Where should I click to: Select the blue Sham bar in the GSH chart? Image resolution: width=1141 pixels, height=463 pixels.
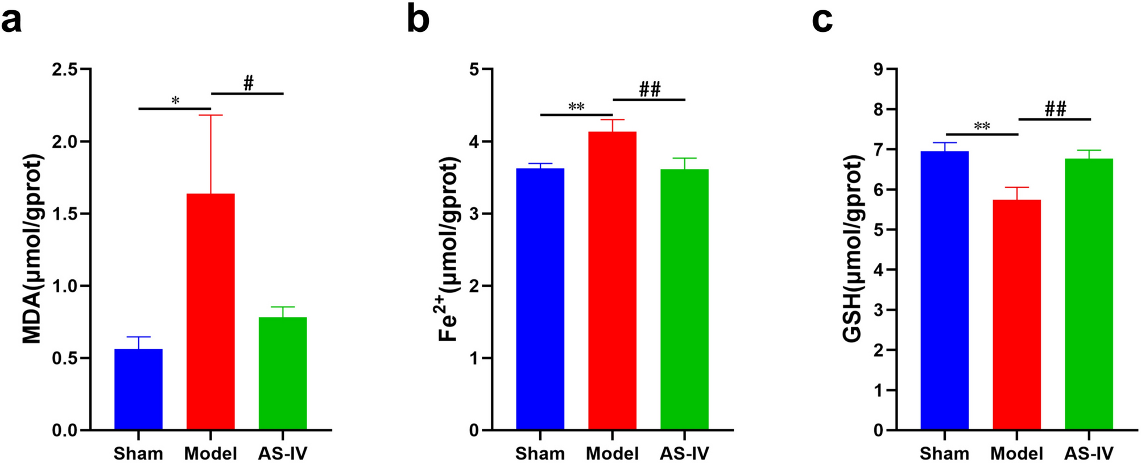(x=944, y=290)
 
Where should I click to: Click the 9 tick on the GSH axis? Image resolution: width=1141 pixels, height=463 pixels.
(x=879, y=69)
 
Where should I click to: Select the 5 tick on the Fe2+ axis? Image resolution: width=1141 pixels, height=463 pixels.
(x=473, y=69)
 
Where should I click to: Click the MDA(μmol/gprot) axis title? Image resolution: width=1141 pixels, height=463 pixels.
(x=33, y=249)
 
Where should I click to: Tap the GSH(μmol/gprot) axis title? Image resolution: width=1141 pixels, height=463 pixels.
(x=852, y=249)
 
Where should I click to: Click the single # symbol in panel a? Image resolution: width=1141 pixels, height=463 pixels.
(x=248, y=84)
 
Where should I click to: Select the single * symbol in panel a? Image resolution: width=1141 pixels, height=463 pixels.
(x=175, y=101)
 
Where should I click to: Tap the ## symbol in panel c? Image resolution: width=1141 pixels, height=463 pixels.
(x=1055, y=109)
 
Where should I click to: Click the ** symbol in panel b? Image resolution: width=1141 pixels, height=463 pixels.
(x=576, y=107)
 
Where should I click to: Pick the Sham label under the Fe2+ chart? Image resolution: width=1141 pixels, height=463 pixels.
(x=540, y=454)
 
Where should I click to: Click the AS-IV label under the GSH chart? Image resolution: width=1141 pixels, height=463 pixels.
(x=1089, y=454)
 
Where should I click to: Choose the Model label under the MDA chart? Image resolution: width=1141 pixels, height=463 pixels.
(x=210, y=454)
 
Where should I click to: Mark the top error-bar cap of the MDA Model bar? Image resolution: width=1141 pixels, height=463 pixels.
(x=210, y=115)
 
